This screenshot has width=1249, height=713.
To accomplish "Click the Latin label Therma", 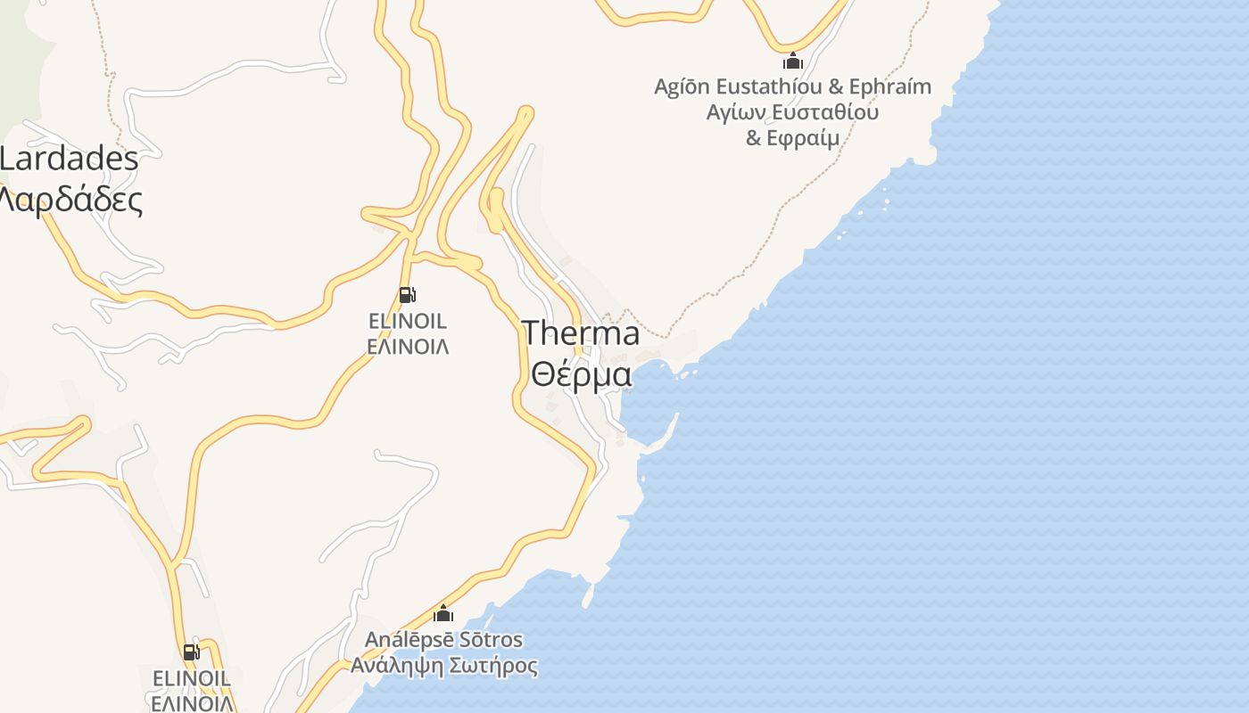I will point(581,333).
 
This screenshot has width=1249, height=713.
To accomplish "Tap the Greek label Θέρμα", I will point(581,373).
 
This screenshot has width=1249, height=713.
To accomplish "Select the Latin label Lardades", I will point(69,160).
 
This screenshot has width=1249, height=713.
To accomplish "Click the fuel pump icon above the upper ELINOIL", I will point(407,295).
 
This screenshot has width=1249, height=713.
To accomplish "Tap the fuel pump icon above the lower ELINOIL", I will point(191,652).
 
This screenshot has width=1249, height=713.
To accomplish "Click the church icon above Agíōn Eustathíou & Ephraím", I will point(792,61).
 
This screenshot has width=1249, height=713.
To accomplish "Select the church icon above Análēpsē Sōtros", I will point(443,613).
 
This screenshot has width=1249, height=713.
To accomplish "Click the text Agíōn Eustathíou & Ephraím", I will point(792,86).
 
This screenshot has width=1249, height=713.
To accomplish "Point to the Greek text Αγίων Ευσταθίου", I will point(792,112).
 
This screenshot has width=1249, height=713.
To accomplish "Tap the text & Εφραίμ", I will point(792,138).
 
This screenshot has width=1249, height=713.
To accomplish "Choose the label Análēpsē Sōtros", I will point(443,640).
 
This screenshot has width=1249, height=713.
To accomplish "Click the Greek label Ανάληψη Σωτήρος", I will point(443,666).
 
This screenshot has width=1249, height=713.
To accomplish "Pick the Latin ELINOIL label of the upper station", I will point(408,321).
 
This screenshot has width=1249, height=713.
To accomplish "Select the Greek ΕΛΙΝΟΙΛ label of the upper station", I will point(408,346).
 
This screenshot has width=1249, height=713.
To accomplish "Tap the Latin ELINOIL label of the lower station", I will point(192,678).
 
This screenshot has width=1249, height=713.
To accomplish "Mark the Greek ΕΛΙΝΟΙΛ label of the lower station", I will point(192,702).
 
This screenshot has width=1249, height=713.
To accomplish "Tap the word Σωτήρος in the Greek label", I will point(496,666).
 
